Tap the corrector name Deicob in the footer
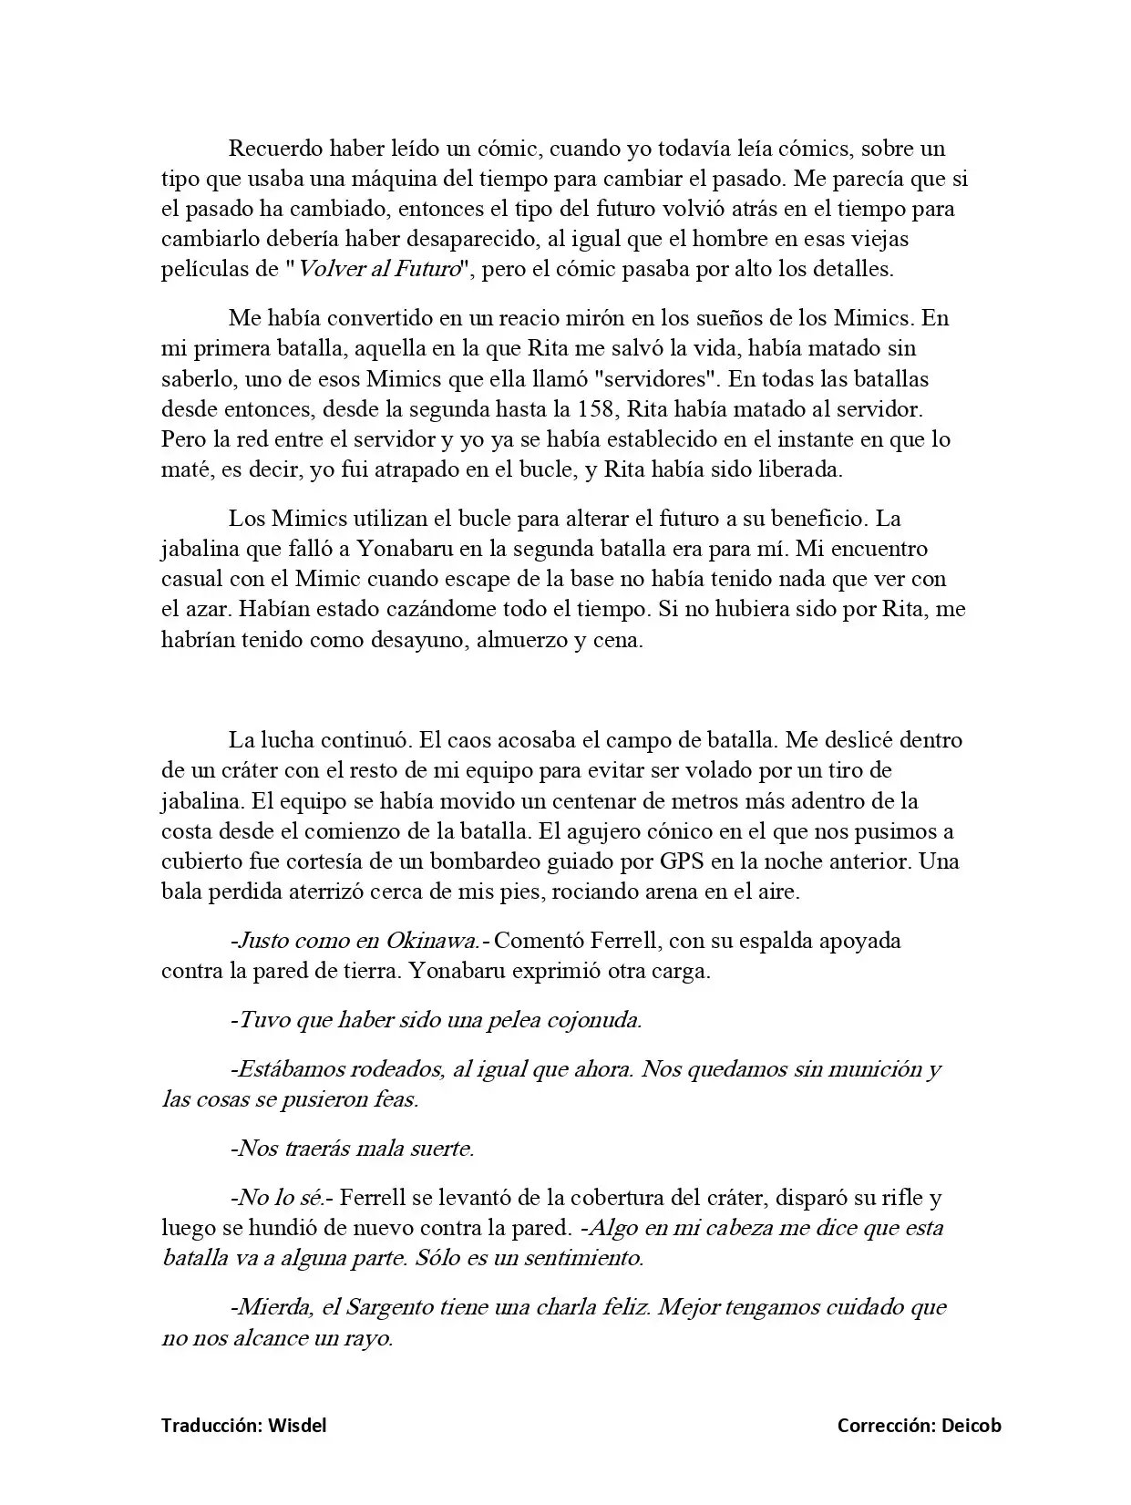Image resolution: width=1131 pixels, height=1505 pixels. (x=971, y=1426)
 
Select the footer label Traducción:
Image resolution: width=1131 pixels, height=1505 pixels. (x=212, y=1426)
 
